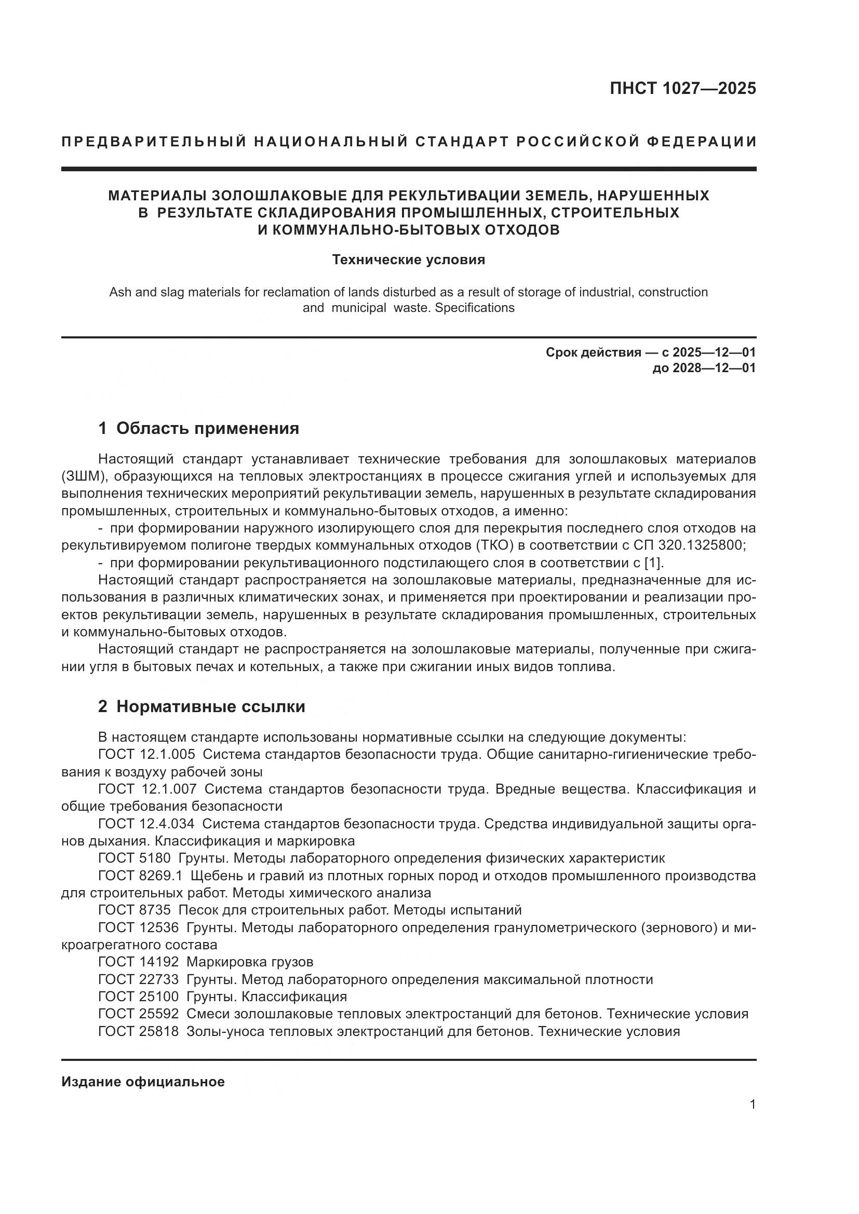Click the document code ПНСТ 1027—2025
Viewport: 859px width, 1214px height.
[682, 89]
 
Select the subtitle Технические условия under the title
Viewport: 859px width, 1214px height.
[408, 260]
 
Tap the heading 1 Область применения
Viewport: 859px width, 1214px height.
[198, 428]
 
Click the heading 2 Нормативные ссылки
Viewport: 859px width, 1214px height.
[202, 706]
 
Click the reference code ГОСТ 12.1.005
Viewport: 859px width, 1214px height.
[146, 755]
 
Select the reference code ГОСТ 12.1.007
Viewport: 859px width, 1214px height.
[147, 789]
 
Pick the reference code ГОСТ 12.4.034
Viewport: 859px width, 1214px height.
[146, 824]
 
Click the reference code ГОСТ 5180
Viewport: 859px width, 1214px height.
[135, 858]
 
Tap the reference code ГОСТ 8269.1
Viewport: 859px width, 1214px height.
[140, 876]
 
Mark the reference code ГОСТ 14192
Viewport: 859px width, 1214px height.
[139, 962]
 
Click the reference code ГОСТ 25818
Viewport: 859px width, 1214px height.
[139, 1031]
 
